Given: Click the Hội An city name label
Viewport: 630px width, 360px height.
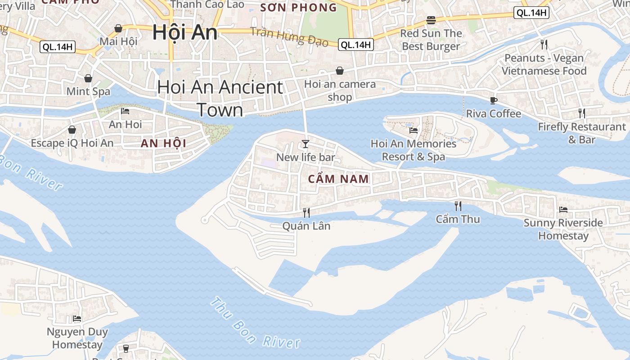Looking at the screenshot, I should [184, 33].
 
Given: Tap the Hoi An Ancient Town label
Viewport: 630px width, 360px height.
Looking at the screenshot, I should [220, 99].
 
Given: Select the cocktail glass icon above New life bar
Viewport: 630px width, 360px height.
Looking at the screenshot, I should [306, 144].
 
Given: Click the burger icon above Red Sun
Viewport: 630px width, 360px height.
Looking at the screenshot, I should [431, 20].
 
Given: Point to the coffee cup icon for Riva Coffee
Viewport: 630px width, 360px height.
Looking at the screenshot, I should [494, 100].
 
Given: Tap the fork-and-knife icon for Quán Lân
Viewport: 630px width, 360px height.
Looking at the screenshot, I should [306, 212].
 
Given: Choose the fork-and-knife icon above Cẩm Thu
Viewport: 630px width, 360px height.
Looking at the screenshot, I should [458, 206].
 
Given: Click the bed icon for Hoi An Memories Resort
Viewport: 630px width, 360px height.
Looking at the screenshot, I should [414, 130].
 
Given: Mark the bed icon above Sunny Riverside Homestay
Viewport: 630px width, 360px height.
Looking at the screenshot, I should [563, 210].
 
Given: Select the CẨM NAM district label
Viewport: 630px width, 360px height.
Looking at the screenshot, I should [338, 179].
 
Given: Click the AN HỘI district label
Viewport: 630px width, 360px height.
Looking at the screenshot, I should [163, 144].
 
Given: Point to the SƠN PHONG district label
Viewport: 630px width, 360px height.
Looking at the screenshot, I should [298, 7].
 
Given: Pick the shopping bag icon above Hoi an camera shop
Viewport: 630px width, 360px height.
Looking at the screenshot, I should [340, 71].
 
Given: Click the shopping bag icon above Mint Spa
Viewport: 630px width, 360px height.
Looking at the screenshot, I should [88, 78].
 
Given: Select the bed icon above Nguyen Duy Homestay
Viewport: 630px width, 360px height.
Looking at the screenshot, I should [77, 319].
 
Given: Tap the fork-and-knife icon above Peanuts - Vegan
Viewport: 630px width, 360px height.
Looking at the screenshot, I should [544, 44].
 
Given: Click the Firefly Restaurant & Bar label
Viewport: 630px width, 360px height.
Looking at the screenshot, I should [582, 133].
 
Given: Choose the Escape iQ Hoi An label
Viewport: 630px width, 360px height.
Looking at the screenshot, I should [72, 143].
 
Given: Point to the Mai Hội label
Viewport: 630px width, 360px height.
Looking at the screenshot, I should [118, 41].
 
